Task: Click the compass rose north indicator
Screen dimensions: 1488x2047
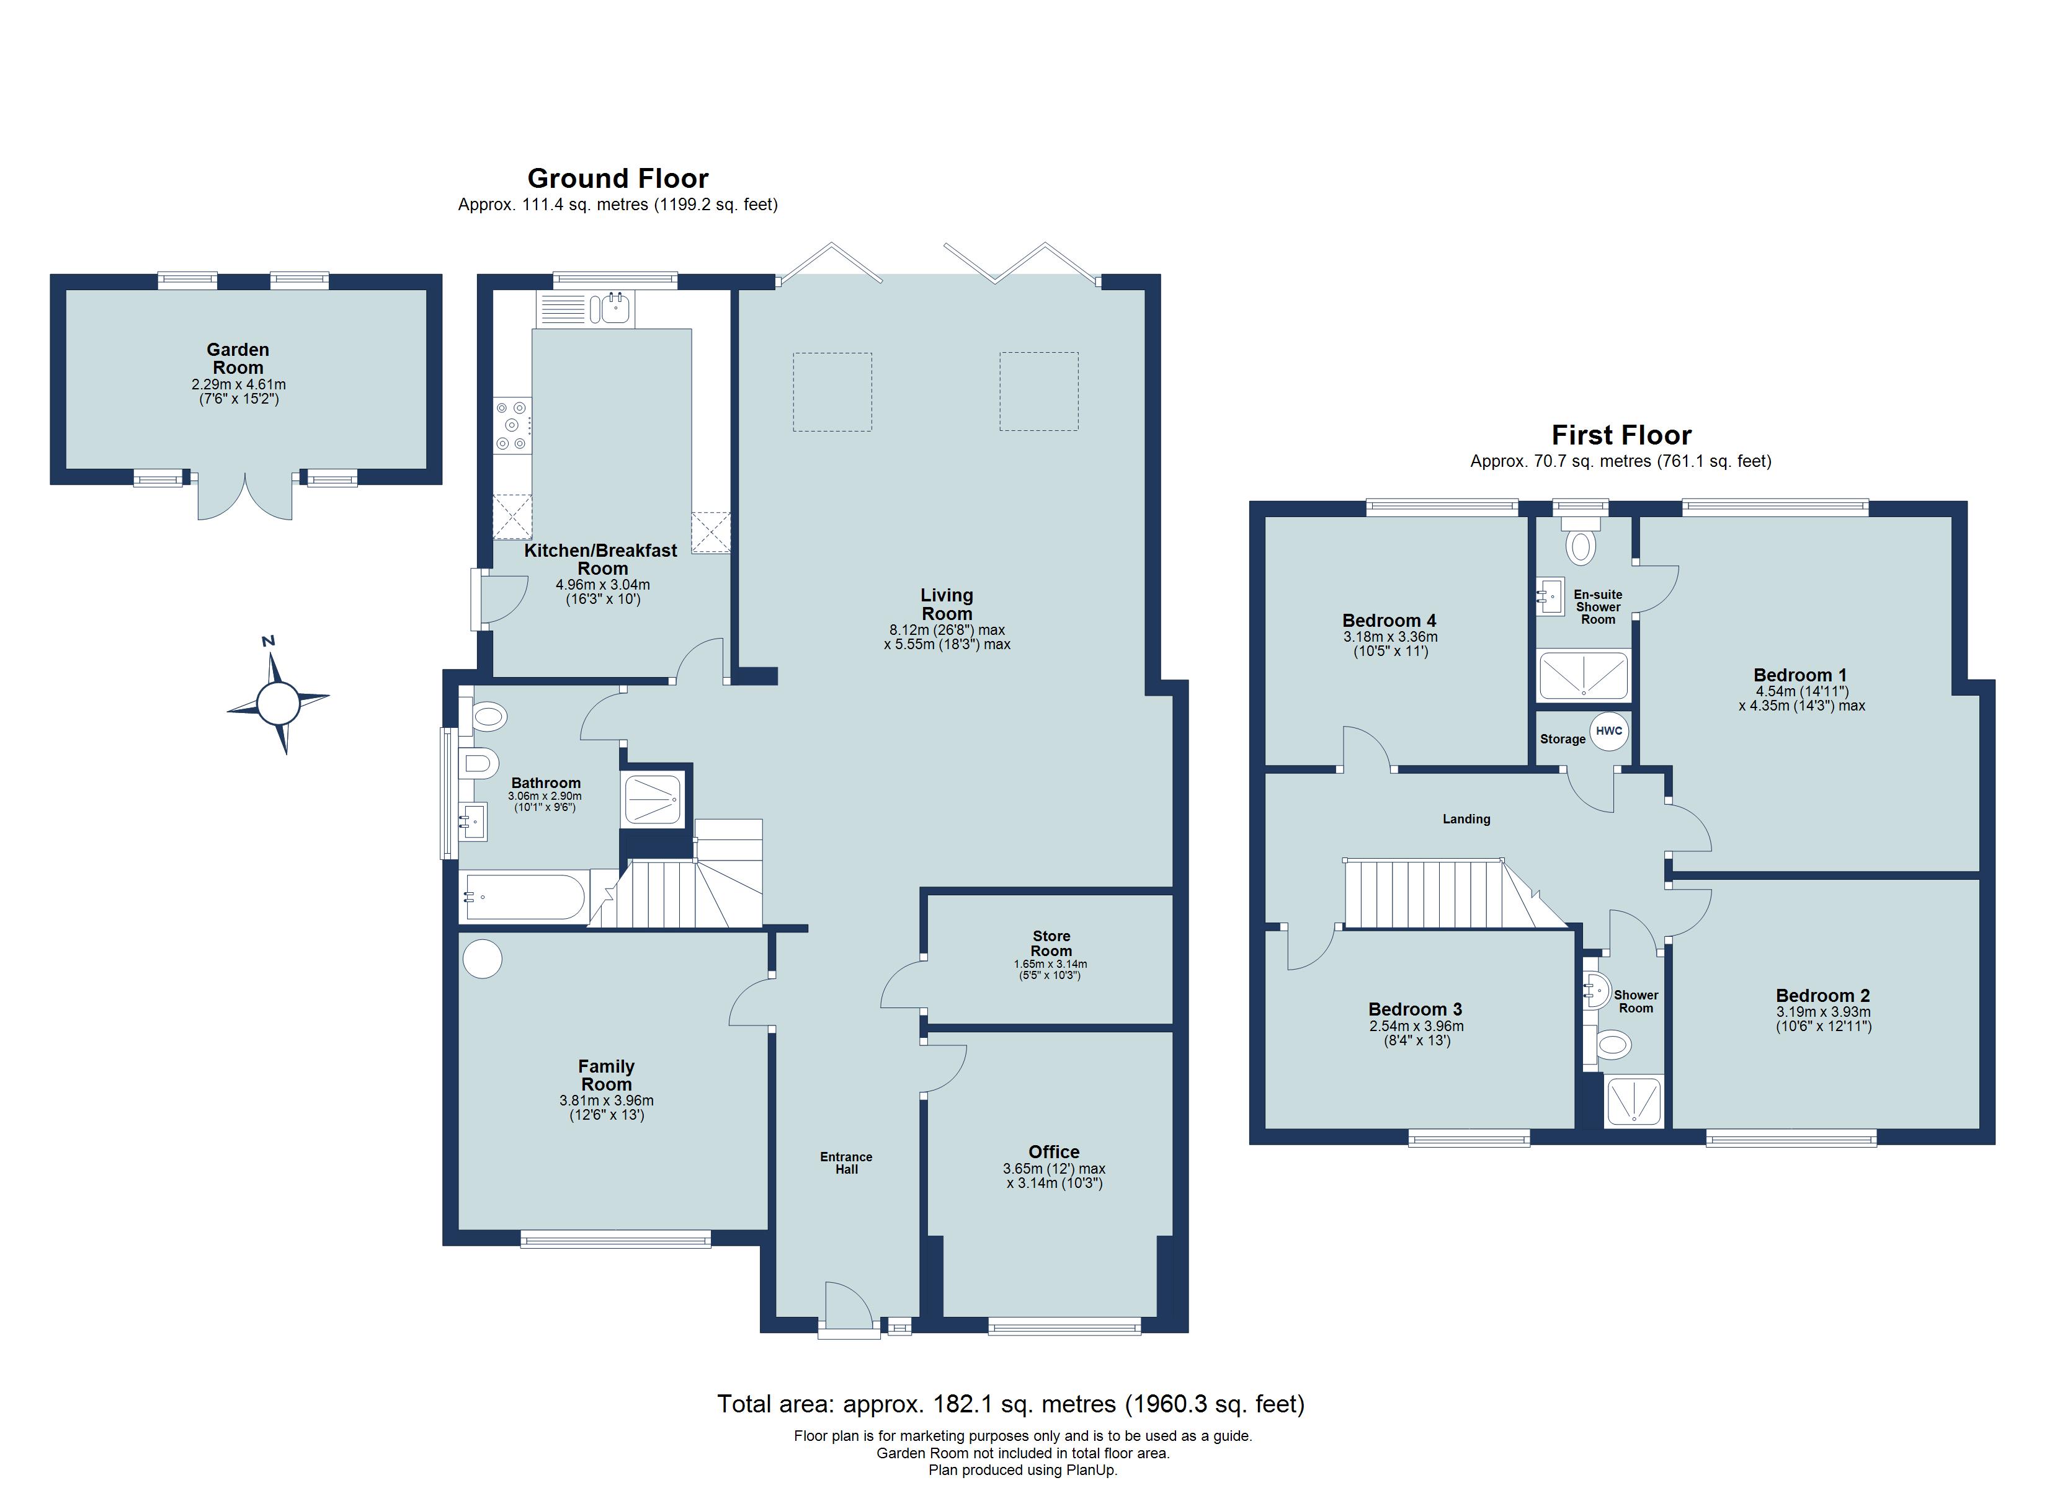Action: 268,642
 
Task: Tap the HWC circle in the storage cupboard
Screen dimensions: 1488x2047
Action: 1608,731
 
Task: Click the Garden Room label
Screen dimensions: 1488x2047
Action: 238,358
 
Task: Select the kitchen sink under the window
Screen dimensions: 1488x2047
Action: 610,309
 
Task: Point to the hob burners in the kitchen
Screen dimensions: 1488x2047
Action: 512,425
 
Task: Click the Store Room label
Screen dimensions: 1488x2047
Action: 1051,943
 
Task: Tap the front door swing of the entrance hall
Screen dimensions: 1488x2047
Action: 849,1305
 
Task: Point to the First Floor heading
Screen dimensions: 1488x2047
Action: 1620,435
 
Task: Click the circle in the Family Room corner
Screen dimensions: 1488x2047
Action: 482,959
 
